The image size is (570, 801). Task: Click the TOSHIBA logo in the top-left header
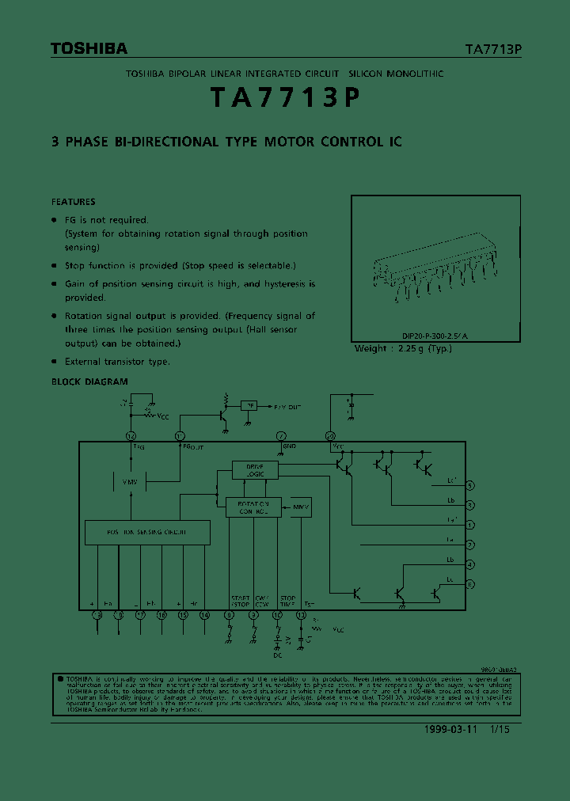pos(89,49)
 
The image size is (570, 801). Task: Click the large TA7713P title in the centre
pos(285,97)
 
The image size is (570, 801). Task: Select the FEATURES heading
pos(73,202)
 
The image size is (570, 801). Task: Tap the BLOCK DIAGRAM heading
pos(89,382)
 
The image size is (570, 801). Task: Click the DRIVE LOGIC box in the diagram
pos(255,470)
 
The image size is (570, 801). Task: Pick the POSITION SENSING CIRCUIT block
pos(147,533)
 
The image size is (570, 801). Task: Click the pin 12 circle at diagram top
pos(131,436)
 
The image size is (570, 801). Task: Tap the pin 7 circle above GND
pos(280,436)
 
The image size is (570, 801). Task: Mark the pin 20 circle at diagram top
pos(330,436)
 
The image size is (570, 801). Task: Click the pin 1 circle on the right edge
pos(470,525)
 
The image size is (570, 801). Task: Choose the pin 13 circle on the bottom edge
pos(300,614)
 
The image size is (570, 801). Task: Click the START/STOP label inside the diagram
pos(240,601)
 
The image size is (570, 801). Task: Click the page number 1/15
pos(500,730)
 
